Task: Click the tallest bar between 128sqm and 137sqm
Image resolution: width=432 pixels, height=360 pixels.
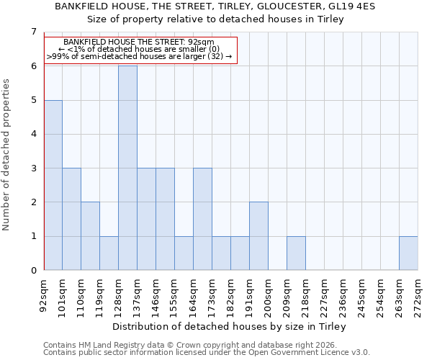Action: pyautogui.click(x=127, y=168)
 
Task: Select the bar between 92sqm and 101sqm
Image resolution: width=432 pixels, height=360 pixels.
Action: pyautogui.click(x=53, y=185)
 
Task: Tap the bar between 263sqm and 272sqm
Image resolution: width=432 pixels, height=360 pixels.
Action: pyautogui.click(x=408, y=253)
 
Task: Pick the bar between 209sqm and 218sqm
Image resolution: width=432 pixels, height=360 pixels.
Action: pyautogui.click(x=296, y=253)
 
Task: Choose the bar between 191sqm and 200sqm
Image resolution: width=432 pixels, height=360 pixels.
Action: pyautogui.click(x=258, y=236)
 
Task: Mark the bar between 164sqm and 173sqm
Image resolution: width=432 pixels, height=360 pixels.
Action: pyautogui.click(x=202, y=219)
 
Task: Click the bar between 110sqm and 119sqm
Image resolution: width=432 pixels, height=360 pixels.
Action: pyautogui.click(x=90, y=236)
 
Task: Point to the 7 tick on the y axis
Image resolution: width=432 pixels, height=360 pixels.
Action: pyautogui.click(x=33, y=32)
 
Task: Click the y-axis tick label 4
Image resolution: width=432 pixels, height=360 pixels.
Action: pyautogui.click(x=33, y=134)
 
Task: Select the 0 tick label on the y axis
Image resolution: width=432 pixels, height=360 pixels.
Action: pyautogui.click(x=33, y=271)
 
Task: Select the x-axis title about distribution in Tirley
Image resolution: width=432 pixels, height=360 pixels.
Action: pyautogui.click(x=230, y=326)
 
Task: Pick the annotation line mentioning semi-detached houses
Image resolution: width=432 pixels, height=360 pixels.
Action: pyautogui.click(x=139, y=55)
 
